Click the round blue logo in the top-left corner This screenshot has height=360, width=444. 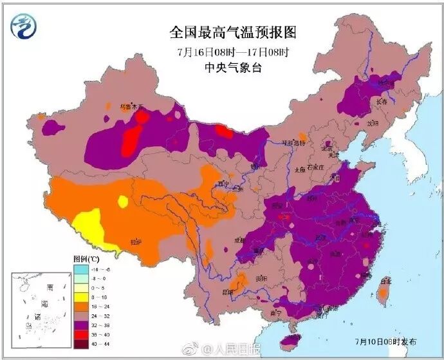click(x=24, y=26)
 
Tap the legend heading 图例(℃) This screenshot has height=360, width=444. click(x=86, y=259)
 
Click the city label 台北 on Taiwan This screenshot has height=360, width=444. click(x=386, y=281)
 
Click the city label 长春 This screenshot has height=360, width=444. click(x=382, y=101)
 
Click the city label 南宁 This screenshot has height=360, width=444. click(x=277, y=312)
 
